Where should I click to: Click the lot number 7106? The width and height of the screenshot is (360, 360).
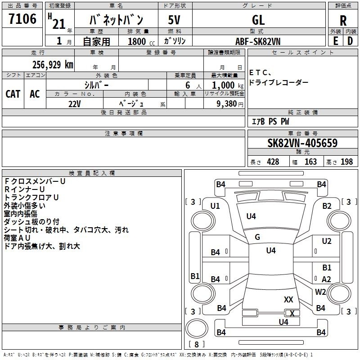click(x=22, y=19)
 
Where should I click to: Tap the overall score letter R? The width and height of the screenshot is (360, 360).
click(x=343, y=20)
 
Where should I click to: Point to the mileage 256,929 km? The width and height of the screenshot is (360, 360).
click(x=53, y=65)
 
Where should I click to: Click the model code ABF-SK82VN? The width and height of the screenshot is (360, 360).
click(x=258, y=41)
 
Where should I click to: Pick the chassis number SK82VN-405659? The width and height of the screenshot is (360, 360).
click(x=302, y=144)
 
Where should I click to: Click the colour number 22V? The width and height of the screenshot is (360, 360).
click(x=74, y=104)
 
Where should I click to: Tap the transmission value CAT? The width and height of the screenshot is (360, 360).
click(x=13, y=94)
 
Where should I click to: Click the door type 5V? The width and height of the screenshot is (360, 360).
click(x=175, y=20)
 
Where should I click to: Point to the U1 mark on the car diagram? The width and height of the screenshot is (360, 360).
click(x=215, y=206)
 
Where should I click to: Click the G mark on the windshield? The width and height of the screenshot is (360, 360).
click(x=257, y=237)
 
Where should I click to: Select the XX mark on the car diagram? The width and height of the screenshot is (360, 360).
click(x=288, y=299)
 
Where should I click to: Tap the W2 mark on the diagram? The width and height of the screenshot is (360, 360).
click(x=320, y=292)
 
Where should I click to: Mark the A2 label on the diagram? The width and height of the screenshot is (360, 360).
click(x=326, y=279)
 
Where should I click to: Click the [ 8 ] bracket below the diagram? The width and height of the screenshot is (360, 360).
click(x=196, y=345)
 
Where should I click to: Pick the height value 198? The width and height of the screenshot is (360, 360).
click(x=347, y=162)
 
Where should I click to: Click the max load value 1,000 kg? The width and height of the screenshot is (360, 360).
click(x=223, y=85)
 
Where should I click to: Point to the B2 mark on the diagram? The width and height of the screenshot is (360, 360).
click(x=327, y=206)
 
